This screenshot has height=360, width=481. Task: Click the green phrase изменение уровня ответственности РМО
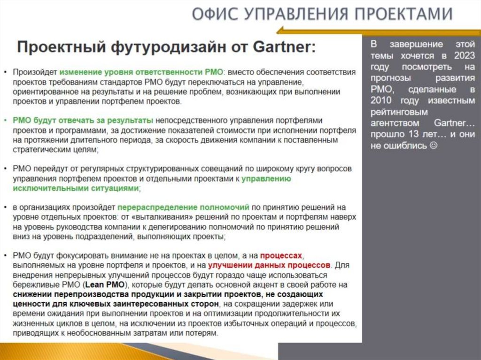pos(141,72)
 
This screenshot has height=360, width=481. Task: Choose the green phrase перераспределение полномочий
pos(183,207)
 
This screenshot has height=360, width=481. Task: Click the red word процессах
pos(281,255)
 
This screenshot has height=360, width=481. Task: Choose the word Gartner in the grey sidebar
pos(453,123)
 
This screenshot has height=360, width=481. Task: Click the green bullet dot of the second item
pos(5,121)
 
